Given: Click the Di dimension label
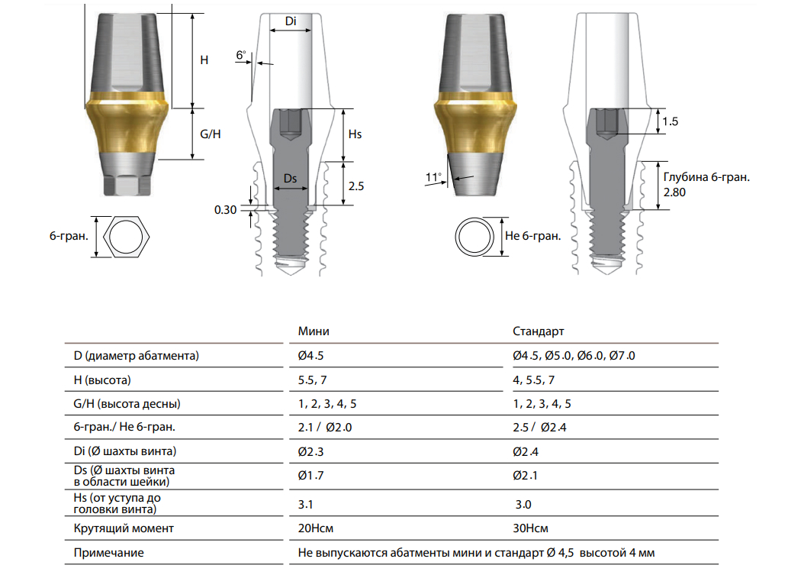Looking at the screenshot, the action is click(x=291, y=21).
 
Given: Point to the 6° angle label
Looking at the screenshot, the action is click(x=241, y=55).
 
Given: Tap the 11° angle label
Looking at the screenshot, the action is click(x=434, y=177).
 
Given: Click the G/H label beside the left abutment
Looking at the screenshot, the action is click(x=210, y=134).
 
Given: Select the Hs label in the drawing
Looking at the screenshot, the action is click(x=355, y=134).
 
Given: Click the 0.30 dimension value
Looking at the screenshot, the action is click(x=225, y=210).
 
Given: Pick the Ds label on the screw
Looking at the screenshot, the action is click(x=290, y=179).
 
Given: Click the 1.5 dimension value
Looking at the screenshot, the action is click(x=671, y=121).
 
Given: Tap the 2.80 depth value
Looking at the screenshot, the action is click(x=674, y=192).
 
